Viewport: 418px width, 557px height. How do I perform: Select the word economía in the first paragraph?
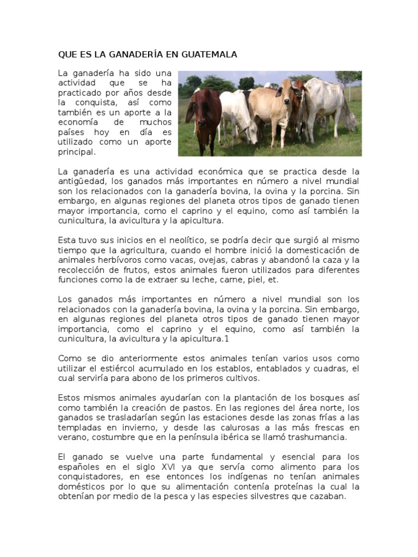(78, 122)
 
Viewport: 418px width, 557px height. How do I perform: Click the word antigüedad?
(81, 182)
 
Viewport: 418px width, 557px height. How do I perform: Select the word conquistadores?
(90, 476)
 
